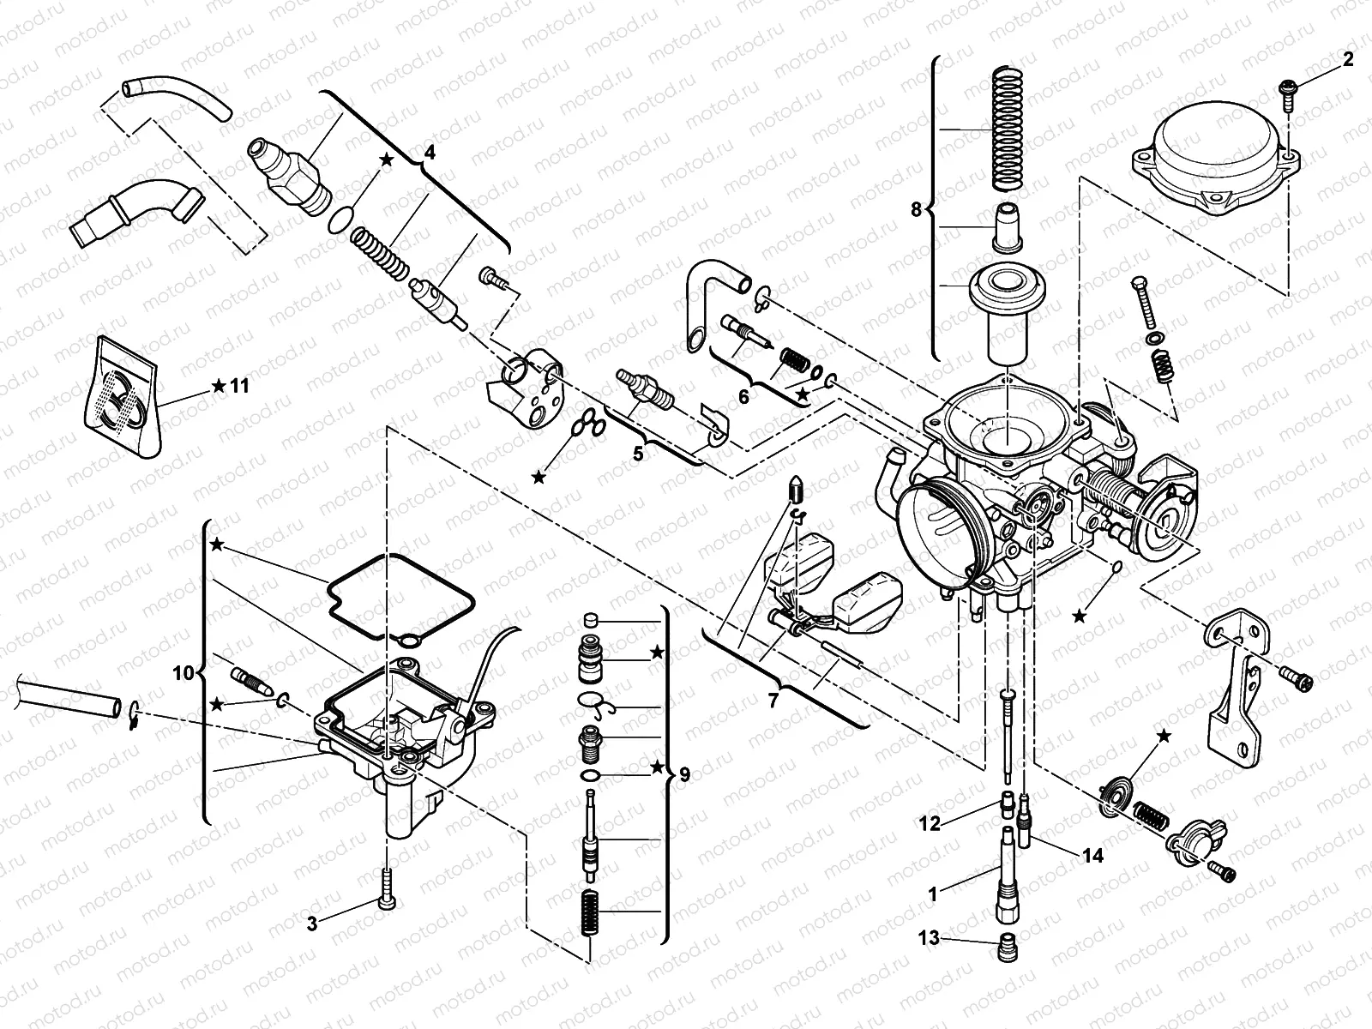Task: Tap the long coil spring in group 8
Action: pos(1015,129)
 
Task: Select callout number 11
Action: pos(239,386)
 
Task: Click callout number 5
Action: pos(637,454)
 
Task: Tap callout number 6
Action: pos(743,396)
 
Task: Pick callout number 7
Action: pos(773,701)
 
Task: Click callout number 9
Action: pos(683,775)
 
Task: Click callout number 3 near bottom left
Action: pos(313,924)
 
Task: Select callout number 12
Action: pos(930,824)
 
